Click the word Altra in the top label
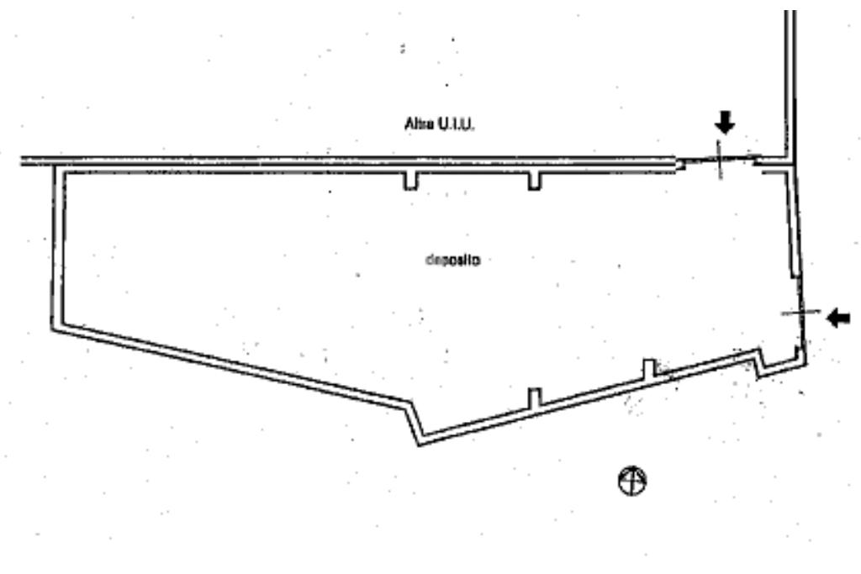tap(418, 124)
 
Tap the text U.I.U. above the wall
tap(457, 124)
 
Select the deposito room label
tap(452, 261)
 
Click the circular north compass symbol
tap(631, 481)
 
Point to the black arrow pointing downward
tap(724, 124)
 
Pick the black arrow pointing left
tap(838, 318)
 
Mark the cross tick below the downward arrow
tap(720, 160)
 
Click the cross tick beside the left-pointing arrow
tap(800, 312)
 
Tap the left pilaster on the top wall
tap(410, 181)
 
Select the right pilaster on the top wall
tap(535, 181)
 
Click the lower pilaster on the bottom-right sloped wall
tap(535, 397)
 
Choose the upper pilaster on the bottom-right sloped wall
tap(648, 368)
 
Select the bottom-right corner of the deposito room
tap(804, 361)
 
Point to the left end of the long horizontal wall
tap(24, 161)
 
